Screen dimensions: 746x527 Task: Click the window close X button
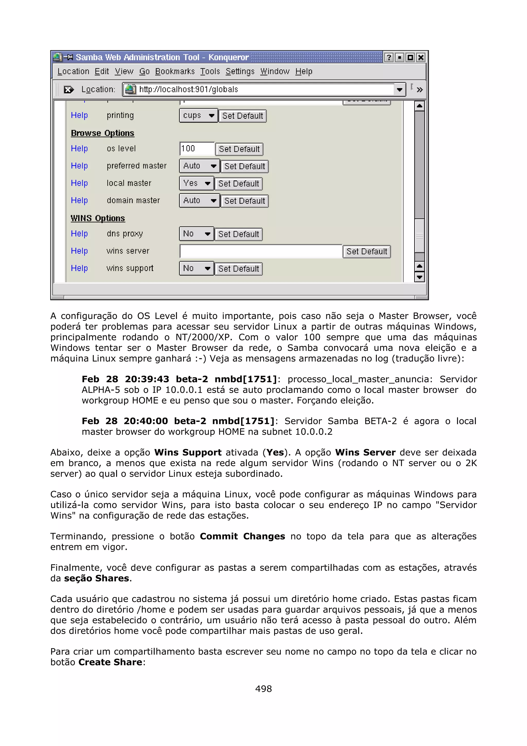coord(421,57)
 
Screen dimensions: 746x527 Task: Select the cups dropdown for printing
coord(198,116)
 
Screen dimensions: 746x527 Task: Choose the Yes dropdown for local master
coord(196,183)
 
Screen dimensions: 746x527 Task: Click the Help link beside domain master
coord(79,201)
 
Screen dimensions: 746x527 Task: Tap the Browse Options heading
coord(102,133)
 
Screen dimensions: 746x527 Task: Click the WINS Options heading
coord(98,218)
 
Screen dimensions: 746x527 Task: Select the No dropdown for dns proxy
coord(196,234)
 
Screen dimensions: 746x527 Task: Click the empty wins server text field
coord(260,251)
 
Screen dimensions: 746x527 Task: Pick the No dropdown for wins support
coord(196,268)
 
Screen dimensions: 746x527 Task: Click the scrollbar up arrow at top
coord(419,106)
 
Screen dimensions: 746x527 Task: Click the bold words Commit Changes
coord(242,536)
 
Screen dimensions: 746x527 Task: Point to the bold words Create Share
coord(110,662)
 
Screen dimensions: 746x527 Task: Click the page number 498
coord(263,689)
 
